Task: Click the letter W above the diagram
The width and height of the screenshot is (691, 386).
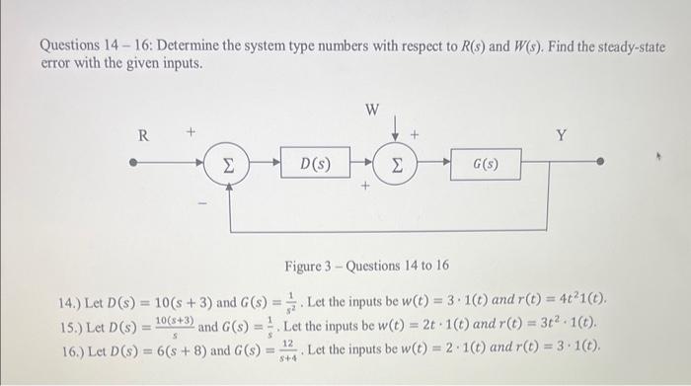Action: click(x=372, y=110)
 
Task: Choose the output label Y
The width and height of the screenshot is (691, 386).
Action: click(x=561, y=136)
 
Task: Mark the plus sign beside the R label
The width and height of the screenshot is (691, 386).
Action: click(x=192, y=130)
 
